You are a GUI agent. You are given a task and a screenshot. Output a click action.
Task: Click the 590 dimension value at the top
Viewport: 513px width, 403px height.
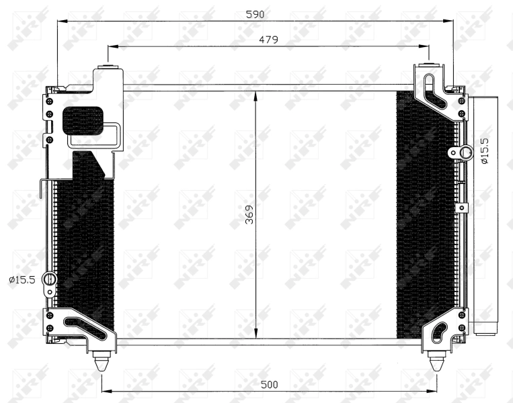255,14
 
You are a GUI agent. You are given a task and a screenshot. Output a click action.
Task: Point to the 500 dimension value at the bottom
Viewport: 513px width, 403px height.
268,384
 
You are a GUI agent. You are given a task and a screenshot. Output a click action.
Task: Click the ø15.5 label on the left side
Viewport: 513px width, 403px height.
22,279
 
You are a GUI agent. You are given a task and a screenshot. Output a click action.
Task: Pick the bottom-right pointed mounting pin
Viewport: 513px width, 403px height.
436,361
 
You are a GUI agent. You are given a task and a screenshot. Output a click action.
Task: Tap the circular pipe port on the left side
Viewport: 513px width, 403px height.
49,279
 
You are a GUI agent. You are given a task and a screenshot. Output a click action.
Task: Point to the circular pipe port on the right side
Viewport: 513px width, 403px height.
463,153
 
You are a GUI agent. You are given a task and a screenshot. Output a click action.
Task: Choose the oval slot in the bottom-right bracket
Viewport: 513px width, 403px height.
439,330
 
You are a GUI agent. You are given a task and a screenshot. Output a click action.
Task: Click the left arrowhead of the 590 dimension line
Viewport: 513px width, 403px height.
61,21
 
